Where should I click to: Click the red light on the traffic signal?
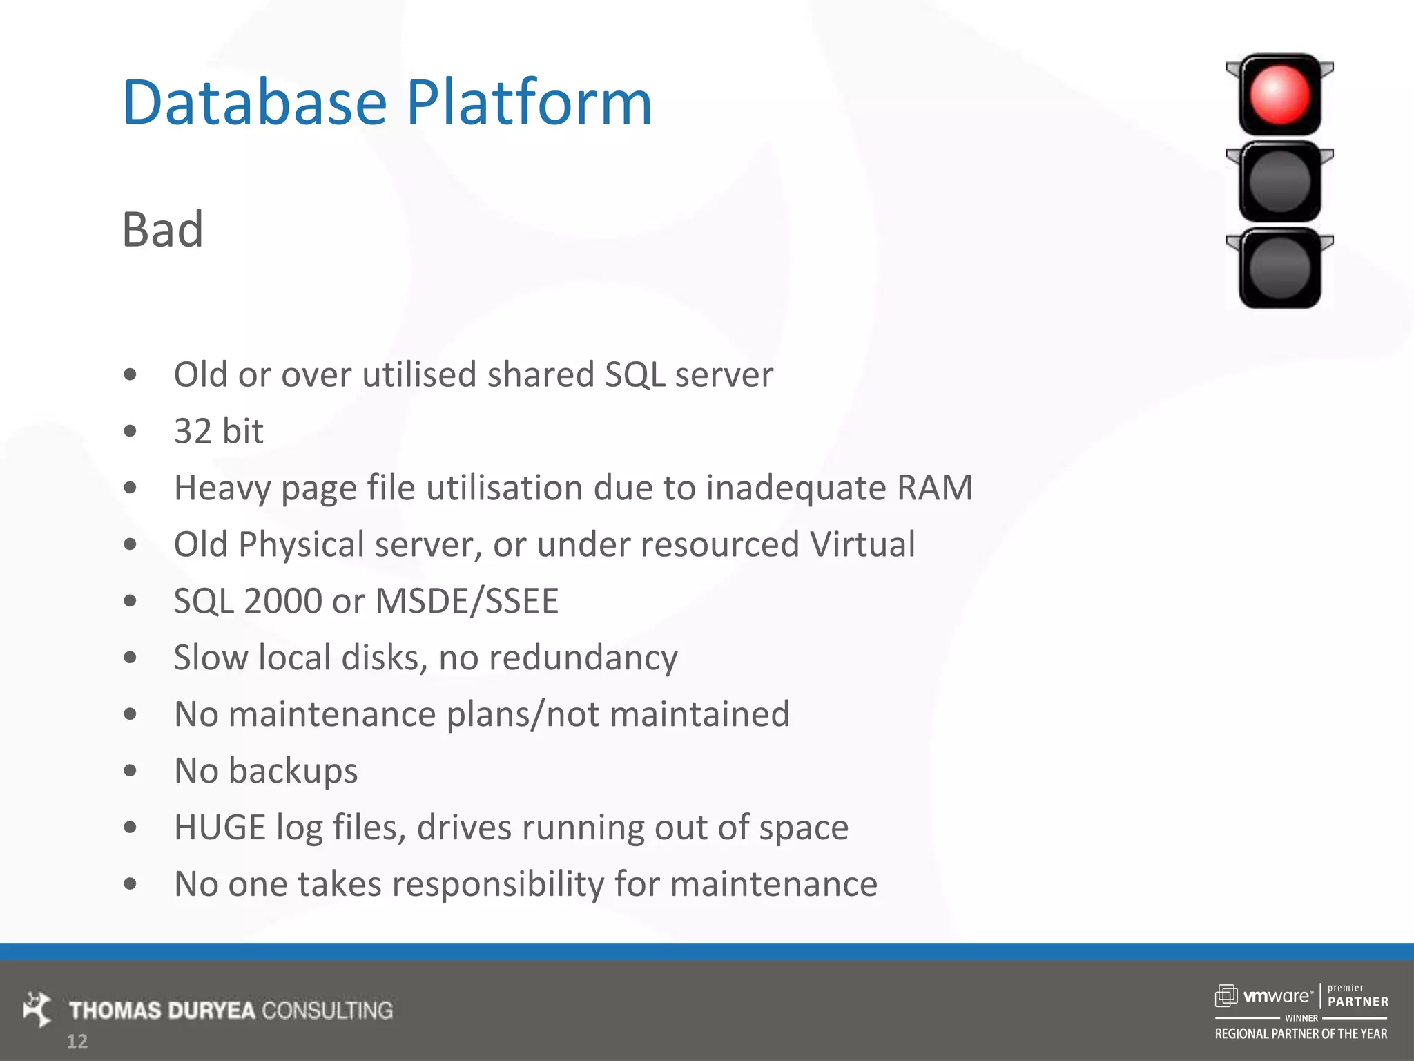click(1279, 95)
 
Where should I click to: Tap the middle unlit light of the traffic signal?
click(1279, 182)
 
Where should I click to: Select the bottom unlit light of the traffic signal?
click(1279, 269)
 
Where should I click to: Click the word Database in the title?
click(254, 103)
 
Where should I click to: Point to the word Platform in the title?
click(529, 103)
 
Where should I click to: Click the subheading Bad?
click(163, 229)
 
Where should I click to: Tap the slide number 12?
click(77, 1042)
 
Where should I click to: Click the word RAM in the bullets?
click(935, 488)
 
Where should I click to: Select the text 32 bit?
click(218, 432)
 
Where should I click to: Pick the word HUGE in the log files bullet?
click(220, 828)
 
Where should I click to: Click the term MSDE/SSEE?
click(467, 601)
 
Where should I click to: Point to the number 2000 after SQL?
click(282, 601)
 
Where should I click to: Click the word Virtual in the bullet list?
click(862, 544)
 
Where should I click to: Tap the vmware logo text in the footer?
click(1277, 997)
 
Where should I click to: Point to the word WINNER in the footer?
click(1301, 1018)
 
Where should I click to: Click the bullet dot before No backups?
click(130, 771)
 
